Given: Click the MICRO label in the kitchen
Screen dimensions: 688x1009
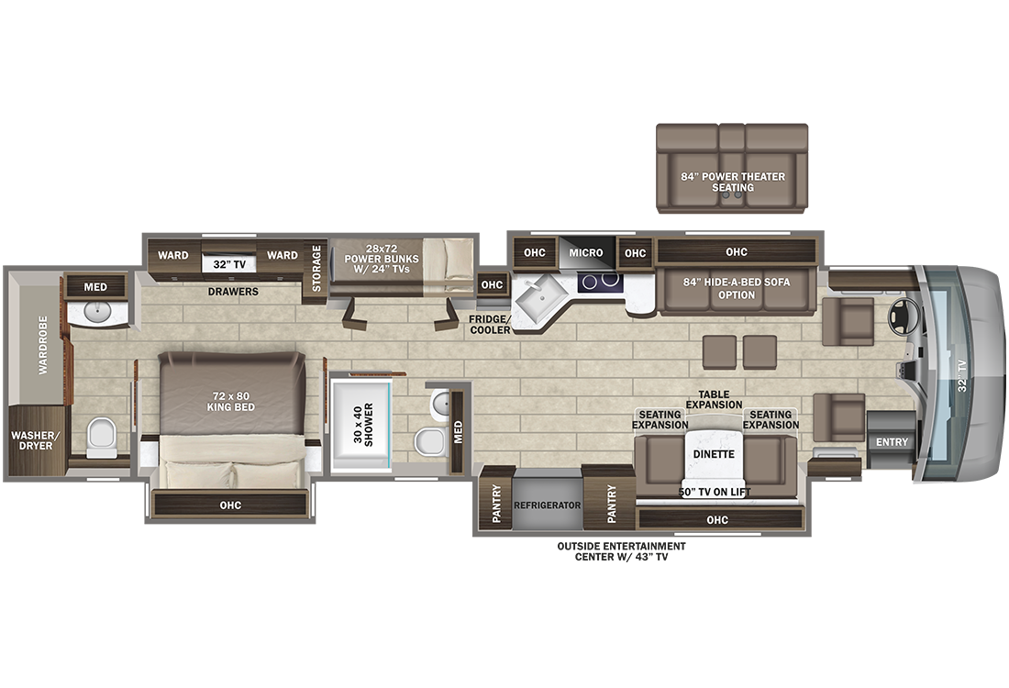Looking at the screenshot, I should click(586, 253).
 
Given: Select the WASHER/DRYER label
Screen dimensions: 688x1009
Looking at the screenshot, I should click(33, 440).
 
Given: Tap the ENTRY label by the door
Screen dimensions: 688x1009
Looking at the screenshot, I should click(891, 442).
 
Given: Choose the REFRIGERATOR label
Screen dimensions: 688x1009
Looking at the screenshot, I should click(548, 505).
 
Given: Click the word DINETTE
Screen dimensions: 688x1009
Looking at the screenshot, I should click(713, 454).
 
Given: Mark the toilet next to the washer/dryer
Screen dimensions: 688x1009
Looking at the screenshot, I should click(102, 437).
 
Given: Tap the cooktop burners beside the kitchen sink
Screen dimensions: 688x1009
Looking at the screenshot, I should click(602, 283).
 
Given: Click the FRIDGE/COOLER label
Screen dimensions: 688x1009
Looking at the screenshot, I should click(491, 324).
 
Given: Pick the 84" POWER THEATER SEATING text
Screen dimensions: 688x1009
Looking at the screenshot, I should click(732, 182).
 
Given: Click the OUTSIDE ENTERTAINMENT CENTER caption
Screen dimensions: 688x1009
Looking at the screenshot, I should click(621, 551).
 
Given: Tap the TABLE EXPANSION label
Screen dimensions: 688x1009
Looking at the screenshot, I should click(714, 399).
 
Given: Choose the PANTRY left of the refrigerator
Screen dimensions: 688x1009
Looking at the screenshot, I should click(496, 505).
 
